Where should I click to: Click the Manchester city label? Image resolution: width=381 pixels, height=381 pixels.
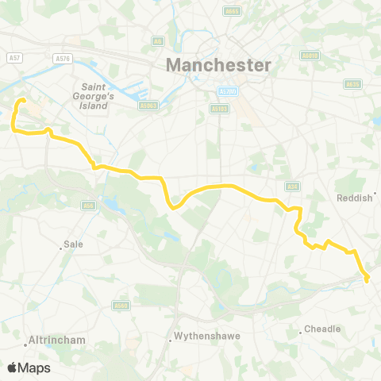(x=218, y=64)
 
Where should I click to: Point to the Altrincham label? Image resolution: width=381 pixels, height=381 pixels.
(x=57, y=340)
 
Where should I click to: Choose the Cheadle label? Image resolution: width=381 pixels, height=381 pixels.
(x=323, y=329)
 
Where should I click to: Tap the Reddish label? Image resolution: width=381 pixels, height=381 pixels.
(x=354, y=198)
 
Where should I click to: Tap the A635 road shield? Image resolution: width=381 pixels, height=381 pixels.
(x=352, y=83)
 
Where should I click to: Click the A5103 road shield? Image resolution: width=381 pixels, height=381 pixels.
(x=220, y=109)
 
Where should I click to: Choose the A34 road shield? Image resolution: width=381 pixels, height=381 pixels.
(x=291, y=186)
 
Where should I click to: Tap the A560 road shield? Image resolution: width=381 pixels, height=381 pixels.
(x=121, y=305)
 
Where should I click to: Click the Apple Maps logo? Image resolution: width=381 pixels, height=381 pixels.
(x=29, y=368)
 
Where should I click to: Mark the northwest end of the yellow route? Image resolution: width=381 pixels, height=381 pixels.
(x=22, y=100)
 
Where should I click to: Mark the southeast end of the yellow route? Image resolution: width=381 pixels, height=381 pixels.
(x=367, y=279)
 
